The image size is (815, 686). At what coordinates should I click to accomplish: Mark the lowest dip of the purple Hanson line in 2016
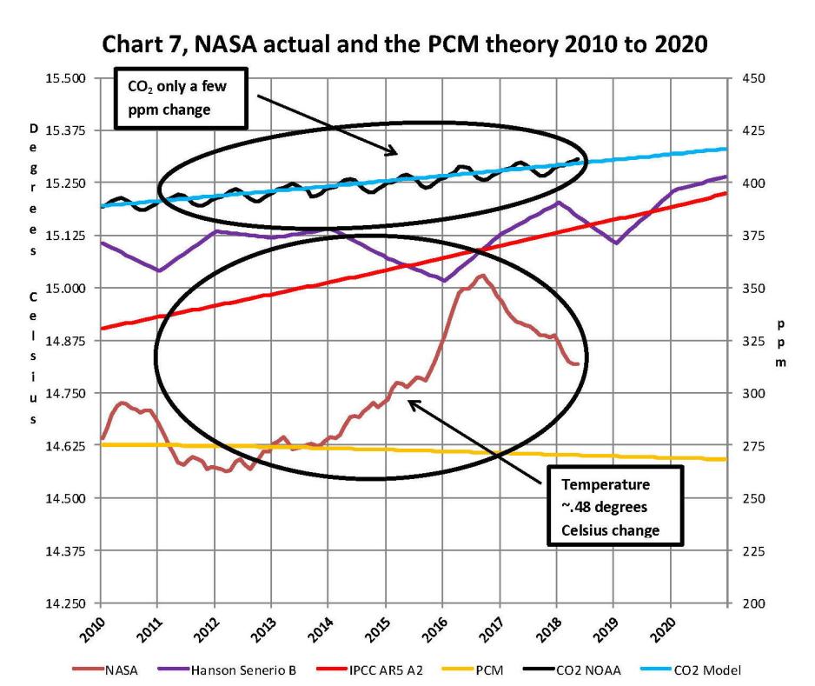[444, 280]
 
